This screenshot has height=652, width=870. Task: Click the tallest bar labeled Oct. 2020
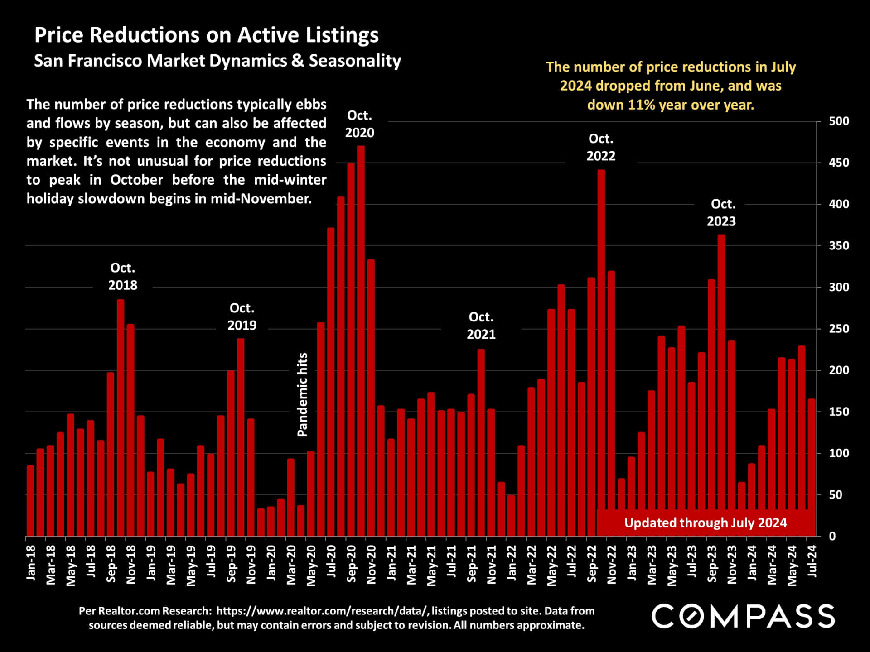tap(361, 340)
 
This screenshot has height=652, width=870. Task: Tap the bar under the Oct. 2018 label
tap(121, 417)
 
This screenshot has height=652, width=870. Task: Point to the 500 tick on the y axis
tap(839, 121)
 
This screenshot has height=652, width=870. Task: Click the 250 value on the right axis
tap(839, 329)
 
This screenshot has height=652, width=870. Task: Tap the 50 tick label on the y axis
tap(836, 495)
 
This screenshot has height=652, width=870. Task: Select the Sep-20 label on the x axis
tap(351, 564)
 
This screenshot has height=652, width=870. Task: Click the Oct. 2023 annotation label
tap(722, 212)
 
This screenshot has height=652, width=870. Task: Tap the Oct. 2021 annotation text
tap(481, 326)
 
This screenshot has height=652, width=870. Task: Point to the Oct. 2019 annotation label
tap(242, 316)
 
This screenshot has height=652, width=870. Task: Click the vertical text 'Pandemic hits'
tap(302, 395)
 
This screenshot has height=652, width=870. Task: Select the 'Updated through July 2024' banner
tap(705, 523)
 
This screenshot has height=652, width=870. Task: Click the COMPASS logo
tap(743, 616)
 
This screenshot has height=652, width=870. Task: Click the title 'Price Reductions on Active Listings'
tap(206, 35)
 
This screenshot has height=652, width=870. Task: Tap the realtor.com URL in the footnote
tap(322, 611)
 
